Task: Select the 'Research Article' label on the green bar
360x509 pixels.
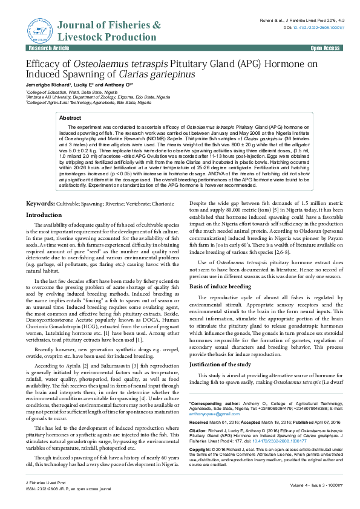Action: [45, 48]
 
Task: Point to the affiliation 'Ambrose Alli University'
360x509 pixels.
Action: [54, 97]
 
